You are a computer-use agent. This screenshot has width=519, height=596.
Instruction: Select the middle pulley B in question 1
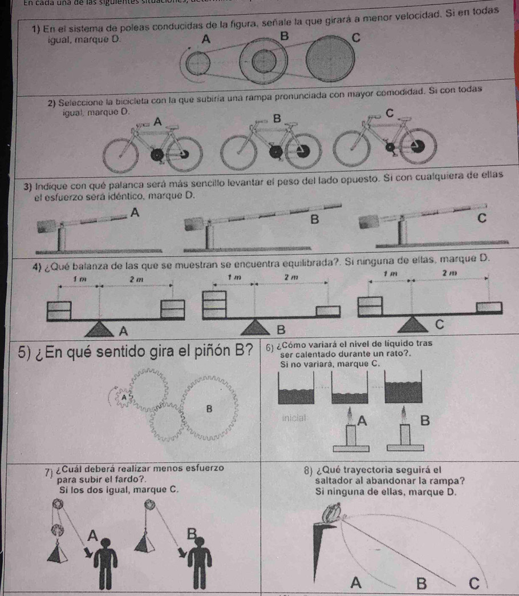pyautogui.click(x=262, y=62)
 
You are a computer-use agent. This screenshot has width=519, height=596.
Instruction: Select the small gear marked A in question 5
pyautogui.click(x=123, y=396)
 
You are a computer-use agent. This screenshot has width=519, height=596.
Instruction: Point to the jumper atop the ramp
pyautogui.click(x=332, y=512)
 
